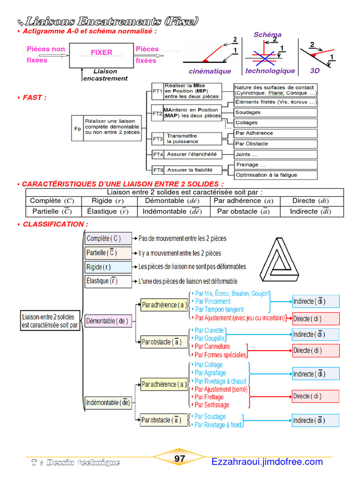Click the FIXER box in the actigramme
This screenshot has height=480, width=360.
[102, 55]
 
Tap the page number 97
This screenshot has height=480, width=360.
[180, 459]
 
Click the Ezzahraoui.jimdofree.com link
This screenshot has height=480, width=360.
[267, 462]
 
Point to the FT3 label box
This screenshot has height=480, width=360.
[157, 139]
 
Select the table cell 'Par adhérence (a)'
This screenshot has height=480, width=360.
[243, 201]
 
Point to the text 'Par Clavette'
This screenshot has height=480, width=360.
[209, 330]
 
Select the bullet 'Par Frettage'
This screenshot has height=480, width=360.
[209, 397]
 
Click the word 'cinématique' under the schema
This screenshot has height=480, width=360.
[210, 71]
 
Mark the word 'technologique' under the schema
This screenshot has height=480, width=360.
[270, 71]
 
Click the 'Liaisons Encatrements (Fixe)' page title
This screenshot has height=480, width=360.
[112, 21]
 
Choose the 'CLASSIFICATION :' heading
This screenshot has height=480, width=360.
[55, 225]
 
